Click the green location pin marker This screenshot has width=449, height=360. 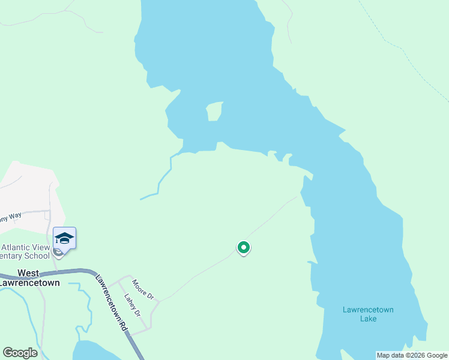point(243,247)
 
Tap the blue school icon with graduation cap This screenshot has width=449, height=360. point(64,239)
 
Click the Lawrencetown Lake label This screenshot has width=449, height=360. point(368,314)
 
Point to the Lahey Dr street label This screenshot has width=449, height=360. point(132,305)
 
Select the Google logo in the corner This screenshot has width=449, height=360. point(20,352)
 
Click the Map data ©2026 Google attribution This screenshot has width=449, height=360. point(412,355)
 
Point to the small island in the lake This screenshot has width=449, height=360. point(214,112)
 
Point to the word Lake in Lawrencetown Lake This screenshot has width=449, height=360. point(368,319)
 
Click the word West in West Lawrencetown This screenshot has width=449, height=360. point(29,273)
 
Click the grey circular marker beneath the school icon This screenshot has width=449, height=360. point(58,252)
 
